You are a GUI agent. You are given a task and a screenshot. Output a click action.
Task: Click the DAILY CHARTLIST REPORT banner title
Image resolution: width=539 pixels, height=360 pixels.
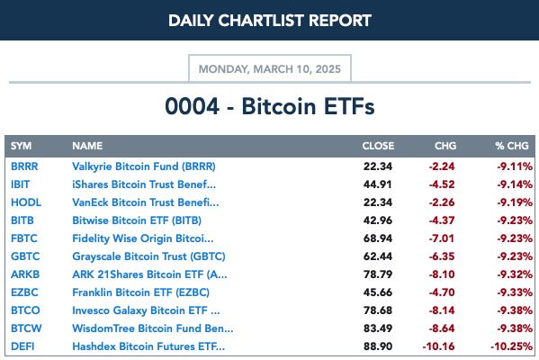[x=270, y=21]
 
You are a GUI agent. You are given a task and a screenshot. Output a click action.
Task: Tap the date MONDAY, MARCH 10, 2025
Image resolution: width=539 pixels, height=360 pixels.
[x=270, y=69]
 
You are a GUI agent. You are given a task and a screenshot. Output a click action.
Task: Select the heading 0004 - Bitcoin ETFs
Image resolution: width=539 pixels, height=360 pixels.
[x=270, y=106]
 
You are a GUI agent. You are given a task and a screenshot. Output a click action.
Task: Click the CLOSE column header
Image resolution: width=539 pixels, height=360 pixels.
[x=378, y=146]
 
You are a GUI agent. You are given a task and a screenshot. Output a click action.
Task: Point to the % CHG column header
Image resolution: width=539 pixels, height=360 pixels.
[x=512, y=146]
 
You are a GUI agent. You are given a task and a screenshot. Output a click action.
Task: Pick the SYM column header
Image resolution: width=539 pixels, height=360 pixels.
[x=21, y=146]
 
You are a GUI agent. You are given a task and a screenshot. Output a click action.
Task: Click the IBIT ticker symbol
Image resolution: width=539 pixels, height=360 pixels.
[x=21, y=184]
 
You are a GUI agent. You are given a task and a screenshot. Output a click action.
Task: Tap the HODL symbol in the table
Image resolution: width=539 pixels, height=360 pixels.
[x=26, y=202]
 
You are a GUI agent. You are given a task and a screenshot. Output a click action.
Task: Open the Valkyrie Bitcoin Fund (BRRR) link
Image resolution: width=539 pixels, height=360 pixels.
[x=144, y=166]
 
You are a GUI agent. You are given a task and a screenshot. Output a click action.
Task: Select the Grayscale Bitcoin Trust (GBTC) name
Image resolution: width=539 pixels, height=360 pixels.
[x=148, y=256]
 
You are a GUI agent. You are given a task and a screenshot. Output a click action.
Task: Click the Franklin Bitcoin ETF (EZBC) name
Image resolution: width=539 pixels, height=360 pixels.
[x=140, y=292]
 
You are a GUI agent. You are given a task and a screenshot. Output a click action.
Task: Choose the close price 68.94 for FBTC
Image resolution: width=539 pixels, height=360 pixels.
[x=378, y=238]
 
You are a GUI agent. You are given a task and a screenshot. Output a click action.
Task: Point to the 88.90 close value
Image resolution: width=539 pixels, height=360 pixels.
[x=378, y=346]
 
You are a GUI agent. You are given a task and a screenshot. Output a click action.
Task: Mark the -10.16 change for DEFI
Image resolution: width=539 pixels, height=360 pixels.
[x=438, y=346]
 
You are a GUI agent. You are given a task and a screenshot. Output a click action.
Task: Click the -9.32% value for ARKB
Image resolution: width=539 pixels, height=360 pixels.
[x=515, y=274]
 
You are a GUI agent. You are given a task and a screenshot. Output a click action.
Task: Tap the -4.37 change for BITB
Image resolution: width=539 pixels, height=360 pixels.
[x=442, y=220]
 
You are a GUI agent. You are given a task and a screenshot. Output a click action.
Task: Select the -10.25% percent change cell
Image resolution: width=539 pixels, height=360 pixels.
[x=511, y=346]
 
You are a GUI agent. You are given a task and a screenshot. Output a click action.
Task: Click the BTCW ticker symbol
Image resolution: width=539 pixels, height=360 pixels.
[x=26, y=328]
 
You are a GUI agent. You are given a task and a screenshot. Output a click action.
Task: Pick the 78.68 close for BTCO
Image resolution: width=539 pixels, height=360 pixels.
[x=378, y=310]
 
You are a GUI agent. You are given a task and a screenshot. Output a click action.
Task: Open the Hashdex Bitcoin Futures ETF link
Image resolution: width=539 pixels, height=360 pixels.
[x=148, y=346]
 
